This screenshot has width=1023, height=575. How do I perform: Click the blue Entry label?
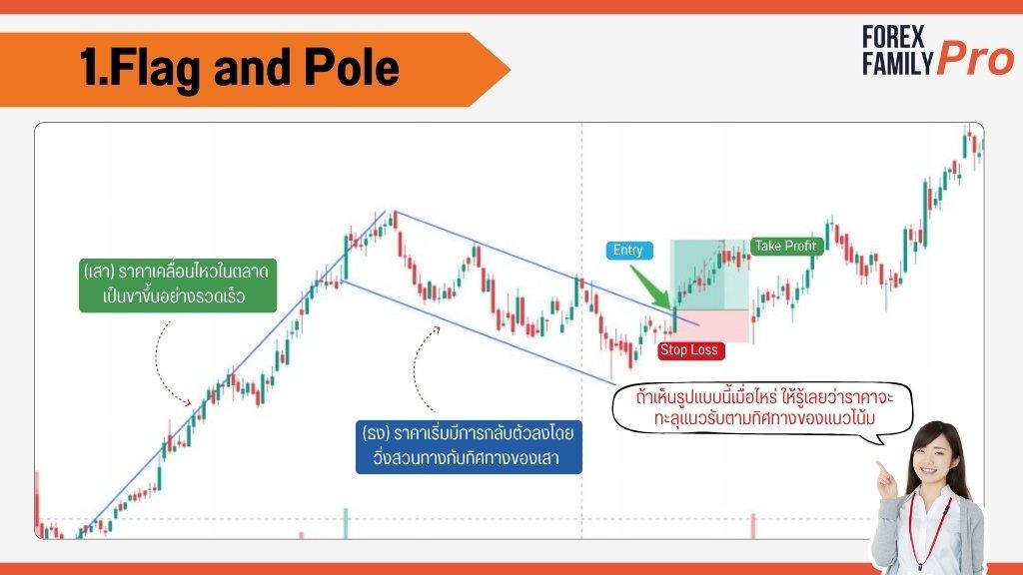(629, 251)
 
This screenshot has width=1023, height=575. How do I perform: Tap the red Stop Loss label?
(690, 350)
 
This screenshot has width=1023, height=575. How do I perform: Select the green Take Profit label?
(786, 246)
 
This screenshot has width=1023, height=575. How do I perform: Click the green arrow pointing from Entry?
(651, 287)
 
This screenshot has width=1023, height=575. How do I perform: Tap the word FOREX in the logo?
(893, 37)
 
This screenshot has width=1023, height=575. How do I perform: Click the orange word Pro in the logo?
(975, 59)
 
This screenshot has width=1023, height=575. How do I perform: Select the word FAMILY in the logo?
(898, 63)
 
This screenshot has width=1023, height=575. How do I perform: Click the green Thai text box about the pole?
(178, 285)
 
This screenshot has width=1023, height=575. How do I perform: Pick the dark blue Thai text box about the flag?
(469, 446)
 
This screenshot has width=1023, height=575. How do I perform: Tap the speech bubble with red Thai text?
(762, 408)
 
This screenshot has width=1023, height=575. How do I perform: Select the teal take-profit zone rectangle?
(710, 275)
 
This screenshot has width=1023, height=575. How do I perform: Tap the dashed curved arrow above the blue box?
(421, 368)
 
